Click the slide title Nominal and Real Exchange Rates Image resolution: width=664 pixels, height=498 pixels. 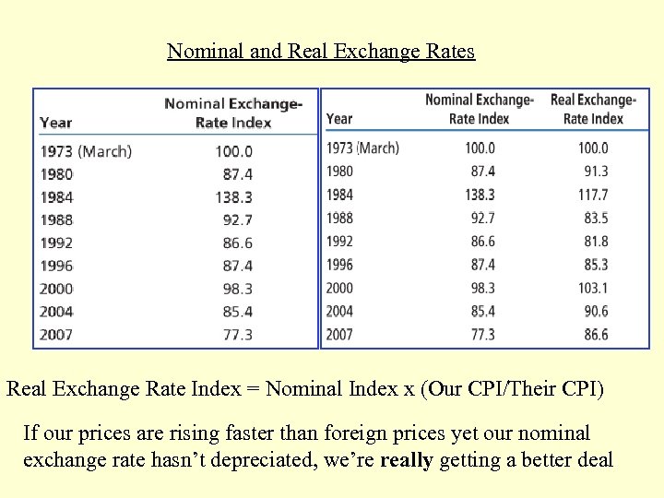(x=321, y=51)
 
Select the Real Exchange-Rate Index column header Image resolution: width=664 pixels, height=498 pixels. (x=593, y=109)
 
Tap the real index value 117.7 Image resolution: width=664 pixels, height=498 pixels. (x=593, y=195)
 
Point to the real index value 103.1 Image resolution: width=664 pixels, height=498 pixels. (x=593, y=288)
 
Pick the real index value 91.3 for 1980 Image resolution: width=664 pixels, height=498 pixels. (x=596, y=172)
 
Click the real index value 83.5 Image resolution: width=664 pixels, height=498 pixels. (x=596, y=219)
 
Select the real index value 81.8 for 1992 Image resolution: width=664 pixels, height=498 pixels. (x=596, y=242)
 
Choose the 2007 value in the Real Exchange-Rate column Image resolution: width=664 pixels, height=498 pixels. (x=596, y=335)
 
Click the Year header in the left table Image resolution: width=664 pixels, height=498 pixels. (x=56, y=123)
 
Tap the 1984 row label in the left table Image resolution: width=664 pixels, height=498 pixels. (x=56, y=197)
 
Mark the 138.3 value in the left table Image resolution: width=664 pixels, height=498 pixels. (x=233, y=197)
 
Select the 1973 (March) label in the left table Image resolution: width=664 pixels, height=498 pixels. (x=86, y=151)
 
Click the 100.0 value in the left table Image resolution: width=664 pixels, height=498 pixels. (x=233, y=151)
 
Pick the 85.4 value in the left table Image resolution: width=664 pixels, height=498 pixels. (x=237, y=312)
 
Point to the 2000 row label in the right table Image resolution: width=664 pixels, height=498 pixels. (x=339, y=288)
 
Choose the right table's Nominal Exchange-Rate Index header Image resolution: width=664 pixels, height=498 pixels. (x=479, y=109)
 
